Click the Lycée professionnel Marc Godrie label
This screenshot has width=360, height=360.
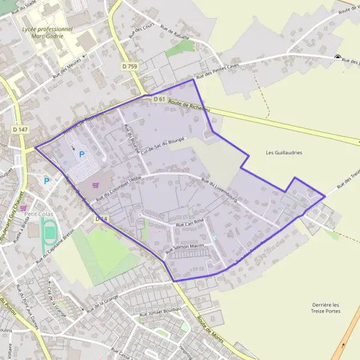(x=46, y=31)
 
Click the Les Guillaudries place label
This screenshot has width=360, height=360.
(x=284, y=153)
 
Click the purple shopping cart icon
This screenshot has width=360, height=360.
(x=96, y=185)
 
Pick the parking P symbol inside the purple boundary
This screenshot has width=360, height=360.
(x=82, y=154)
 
